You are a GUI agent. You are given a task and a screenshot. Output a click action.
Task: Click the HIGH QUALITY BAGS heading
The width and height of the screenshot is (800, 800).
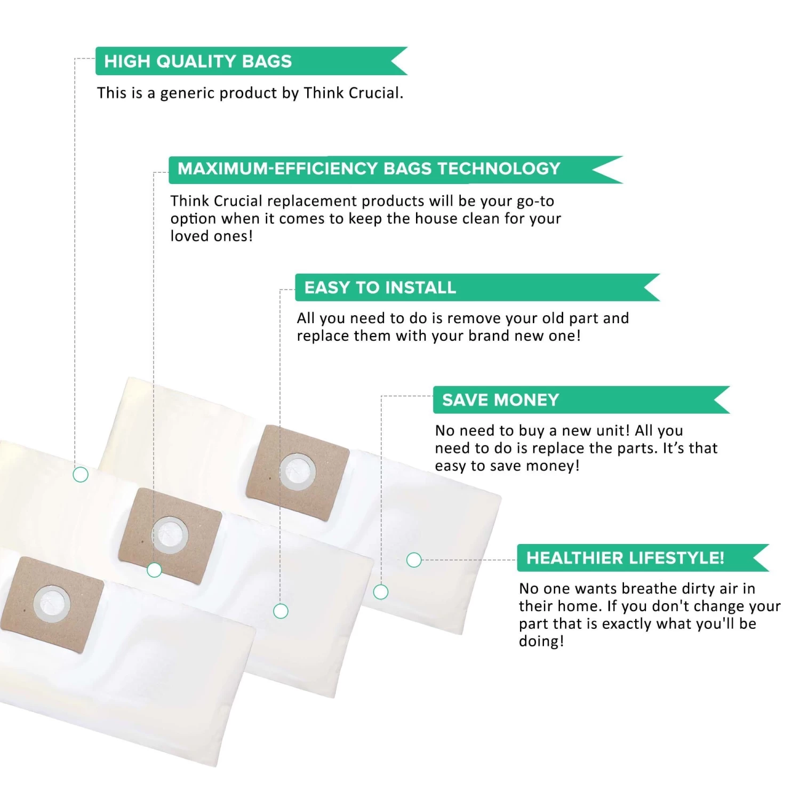click(198, 61)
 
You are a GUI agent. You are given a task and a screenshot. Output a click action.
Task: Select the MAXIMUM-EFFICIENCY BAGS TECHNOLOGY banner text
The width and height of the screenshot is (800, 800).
click(369, 169)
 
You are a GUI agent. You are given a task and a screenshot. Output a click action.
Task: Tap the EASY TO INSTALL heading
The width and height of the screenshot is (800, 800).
click(380, 287)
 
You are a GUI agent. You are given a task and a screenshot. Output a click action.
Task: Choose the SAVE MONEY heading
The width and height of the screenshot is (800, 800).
click(501, 400)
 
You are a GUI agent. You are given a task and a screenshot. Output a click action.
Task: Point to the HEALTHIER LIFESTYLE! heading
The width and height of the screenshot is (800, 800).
click(626, 558)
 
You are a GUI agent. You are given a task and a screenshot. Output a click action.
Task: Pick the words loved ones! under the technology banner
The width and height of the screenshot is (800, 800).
click(212, 236)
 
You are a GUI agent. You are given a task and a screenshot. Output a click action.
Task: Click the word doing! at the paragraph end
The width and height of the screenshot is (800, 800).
click(541, 641)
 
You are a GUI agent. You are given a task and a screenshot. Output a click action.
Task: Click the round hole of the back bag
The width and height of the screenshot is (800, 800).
click(298, 471)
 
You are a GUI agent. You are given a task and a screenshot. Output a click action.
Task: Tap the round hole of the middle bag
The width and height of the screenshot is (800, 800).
click(170, 534)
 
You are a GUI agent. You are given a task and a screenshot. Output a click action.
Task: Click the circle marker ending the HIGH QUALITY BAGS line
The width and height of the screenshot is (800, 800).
click(81, 474)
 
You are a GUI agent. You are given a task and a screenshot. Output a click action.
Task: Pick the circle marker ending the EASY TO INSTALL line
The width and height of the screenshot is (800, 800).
click(281, 611)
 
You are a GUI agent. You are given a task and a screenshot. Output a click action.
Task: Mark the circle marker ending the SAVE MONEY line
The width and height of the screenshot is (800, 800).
click(381, 592)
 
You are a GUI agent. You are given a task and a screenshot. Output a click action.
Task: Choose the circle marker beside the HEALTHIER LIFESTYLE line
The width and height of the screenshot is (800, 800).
click(414, 560)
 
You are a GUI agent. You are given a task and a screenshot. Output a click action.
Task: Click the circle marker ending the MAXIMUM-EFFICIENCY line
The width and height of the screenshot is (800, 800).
click(154, 570)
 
